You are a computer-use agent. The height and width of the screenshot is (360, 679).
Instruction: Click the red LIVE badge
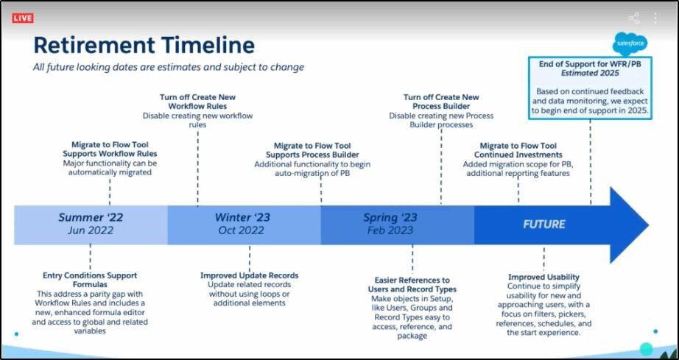pos(23,18)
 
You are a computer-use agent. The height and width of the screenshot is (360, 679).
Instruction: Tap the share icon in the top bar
pos(633,18)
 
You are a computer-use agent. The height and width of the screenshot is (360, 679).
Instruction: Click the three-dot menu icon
pos(655,18)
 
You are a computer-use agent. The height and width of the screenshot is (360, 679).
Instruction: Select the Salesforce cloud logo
pos(630,43)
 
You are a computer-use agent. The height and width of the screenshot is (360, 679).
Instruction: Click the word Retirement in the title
pos(94,45)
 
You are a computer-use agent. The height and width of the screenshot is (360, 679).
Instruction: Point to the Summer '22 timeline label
pos(91,217)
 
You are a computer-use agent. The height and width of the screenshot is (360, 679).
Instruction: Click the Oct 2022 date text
pos(242,230)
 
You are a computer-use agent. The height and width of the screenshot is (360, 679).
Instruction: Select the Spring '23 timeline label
pos(390,218)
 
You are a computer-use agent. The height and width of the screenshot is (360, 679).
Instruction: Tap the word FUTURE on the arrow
pos(544,224)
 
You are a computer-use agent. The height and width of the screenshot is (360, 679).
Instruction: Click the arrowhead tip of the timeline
pos(648,225)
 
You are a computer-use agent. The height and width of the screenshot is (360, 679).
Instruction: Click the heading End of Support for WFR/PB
pos(590,64)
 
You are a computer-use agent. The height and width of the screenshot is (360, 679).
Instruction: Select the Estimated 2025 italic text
pos(590,73)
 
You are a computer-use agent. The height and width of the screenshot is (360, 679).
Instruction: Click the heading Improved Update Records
pos(250,275)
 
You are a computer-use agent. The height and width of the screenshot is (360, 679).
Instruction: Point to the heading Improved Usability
pos(544,277)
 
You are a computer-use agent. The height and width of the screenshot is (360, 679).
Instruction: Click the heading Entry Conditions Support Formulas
pos(90,280)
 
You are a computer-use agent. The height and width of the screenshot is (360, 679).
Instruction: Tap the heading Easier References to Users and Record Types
pos(412,285)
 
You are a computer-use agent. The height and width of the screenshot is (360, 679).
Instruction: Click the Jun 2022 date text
pos(90,230)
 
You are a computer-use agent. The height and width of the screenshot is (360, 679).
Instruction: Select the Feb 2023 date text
pos(390,230)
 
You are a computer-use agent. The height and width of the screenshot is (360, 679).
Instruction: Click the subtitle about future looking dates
pos(169,68)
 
